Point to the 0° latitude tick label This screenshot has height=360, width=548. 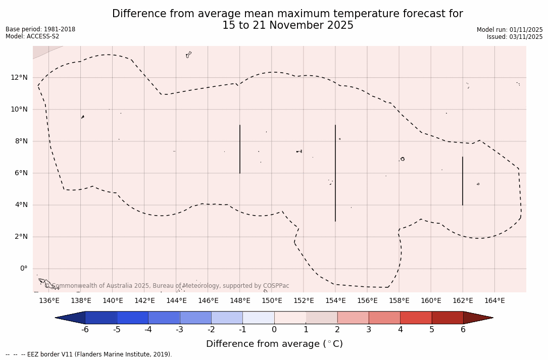tap(24, 269)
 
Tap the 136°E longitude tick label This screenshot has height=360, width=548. tap(49, 300)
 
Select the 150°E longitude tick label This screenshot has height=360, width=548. tap(272, 300)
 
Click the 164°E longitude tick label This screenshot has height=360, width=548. tap(494, 300)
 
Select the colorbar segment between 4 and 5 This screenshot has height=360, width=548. tap(416, 318)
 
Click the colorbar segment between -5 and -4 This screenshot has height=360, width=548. tap(132, 318)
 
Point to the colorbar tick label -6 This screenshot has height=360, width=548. tap(85, 330)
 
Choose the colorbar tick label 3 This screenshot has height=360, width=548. tap(369, 330)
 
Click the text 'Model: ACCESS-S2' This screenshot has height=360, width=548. tap(32, 36)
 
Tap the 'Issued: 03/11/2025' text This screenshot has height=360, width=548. tap(515, 37)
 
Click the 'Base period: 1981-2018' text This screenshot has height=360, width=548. tap(40, 29)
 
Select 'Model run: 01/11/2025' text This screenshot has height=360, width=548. tap(510, 30)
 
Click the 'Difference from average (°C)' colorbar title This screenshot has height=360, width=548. tap(274, 344)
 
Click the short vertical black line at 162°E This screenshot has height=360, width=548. tap(463, 181)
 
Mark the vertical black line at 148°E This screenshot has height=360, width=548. tap(240, 149)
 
